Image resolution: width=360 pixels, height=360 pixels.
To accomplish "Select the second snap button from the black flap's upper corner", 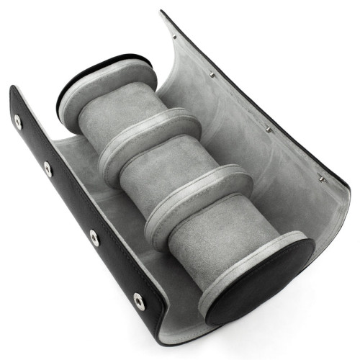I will [x=48, y=169].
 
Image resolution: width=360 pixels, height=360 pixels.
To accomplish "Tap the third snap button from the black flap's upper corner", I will [x=94, y=237].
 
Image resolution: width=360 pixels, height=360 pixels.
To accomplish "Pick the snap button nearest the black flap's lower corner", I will [x=139, y=301].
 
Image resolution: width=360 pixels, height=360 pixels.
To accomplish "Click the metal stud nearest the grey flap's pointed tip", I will [x=174, y=36].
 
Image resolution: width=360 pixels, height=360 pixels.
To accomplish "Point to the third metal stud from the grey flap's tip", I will [x=268, y=130].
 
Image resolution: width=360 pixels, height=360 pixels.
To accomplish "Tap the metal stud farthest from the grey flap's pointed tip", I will [x=322, y=178].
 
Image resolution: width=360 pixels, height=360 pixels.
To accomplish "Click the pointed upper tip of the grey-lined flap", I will [x=162, y=12].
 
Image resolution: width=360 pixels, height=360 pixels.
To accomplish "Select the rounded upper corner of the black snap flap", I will [x=12, y=90].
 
